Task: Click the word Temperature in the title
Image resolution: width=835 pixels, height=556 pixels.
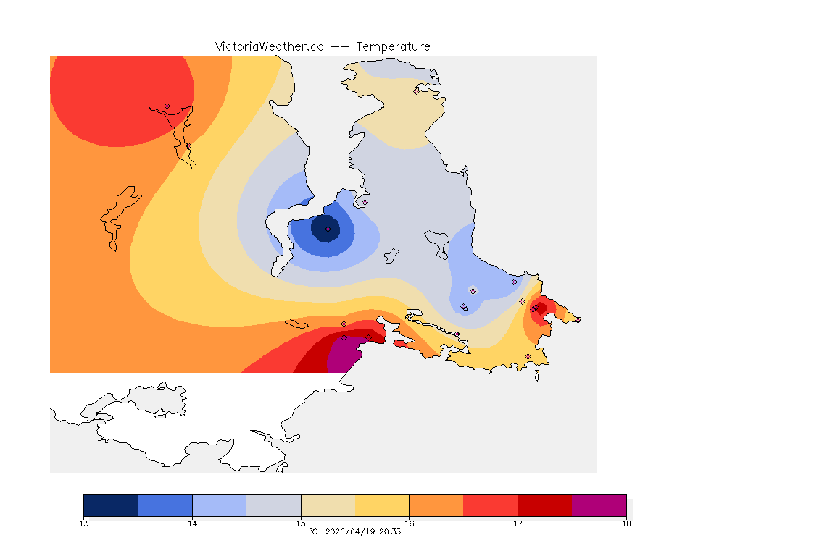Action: click(x=393, y=46)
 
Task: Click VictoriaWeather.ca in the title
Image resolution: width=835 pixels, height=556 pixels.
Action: click(x=269, y=46)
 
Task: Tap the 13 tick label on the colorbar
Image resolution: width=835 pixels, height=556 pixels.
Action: click(x=84, y=523)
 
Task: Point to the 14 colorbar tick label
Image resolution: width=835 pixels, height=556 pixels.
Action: click(x=192, y=523)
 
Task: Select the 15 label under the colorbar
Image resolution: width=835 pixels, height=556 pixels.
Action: click(x=301, y=523)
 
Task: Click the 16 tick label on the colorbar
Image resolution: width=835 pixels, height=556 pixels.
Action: click(x=410, y=523)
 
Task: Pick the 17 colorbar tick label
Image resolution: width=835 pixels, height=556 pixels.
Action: click(x=518, y=523)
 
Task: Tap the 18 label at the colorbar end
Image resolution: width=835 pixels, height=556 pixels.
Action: click(x=626, y=523)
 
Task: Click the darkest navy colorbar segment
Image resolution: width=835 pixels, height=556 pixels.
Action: click(x=110, y=505)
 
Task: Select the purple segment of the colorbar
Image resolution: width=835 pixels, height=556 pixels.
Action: click(x=599, y=505)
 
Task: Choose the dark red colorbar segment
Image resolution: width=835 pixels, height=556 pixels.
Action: click(x=544, y=505)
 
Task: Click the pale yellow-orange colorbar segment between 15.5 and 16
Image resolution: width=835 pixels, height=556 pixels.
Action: click(x=382, y=505)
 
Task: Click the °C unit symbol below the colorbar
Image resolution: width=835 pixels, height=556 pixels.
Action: click(x=313, y=532)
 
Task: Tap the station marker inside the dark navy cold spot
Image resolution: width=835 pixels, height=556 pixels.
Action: click(x=328, y=229)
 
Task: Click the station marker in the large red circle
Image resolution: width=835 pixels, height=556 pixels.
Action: click(x=167, y=106)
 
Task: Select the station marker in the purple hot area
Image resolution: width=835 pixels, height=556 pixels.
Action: click(x=344, y=338)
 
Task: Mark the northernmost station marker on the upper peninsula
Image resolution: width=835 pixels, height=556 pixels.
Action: click(x=417, y=91)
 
